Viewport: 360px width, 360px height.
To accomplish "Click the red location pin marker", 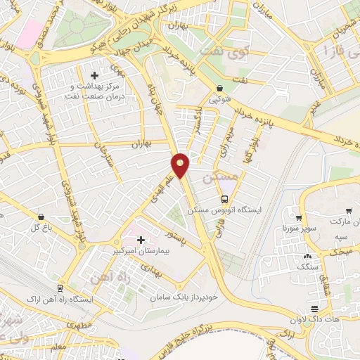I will pyautogui.click(x=181, y=165).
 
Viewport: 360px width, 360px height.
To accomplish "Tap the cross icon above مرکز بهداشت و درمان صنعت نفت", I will pyautogui.click(x=95, y=75).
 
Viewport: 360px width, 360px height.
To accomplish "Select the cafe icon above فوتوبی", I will pyautogui.click(x=221, y=89).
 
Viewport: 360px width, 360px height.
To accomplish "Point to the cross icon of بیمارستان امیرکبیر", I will pyautogui.click(x=141, y=240).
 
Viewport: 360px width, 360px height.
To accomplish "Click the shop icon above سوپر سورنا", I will pyautogui.click(x=300, y=217).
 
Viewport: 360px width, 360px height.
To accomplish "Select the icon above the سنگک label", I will pyautogui.click(x=307, y=256).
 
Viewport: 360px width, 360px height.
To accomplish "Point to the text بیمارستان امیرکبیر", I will pyautogui.click(x=141, y=251).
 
